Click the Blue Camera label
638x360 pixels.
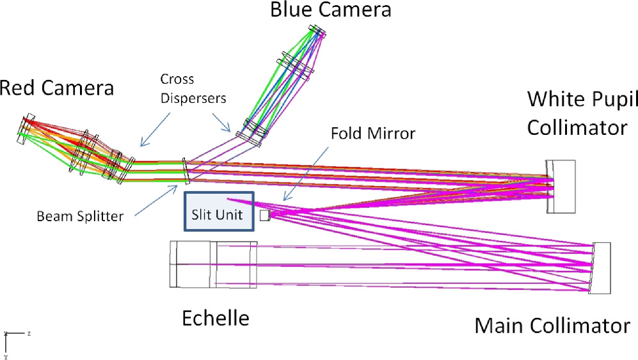point(330,10)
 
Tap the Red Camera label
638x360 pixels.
point(57,88)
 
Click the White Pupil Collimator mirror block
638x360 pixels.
point(562,187)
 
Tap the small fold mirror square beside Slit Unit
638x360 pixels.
point(264,216)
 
